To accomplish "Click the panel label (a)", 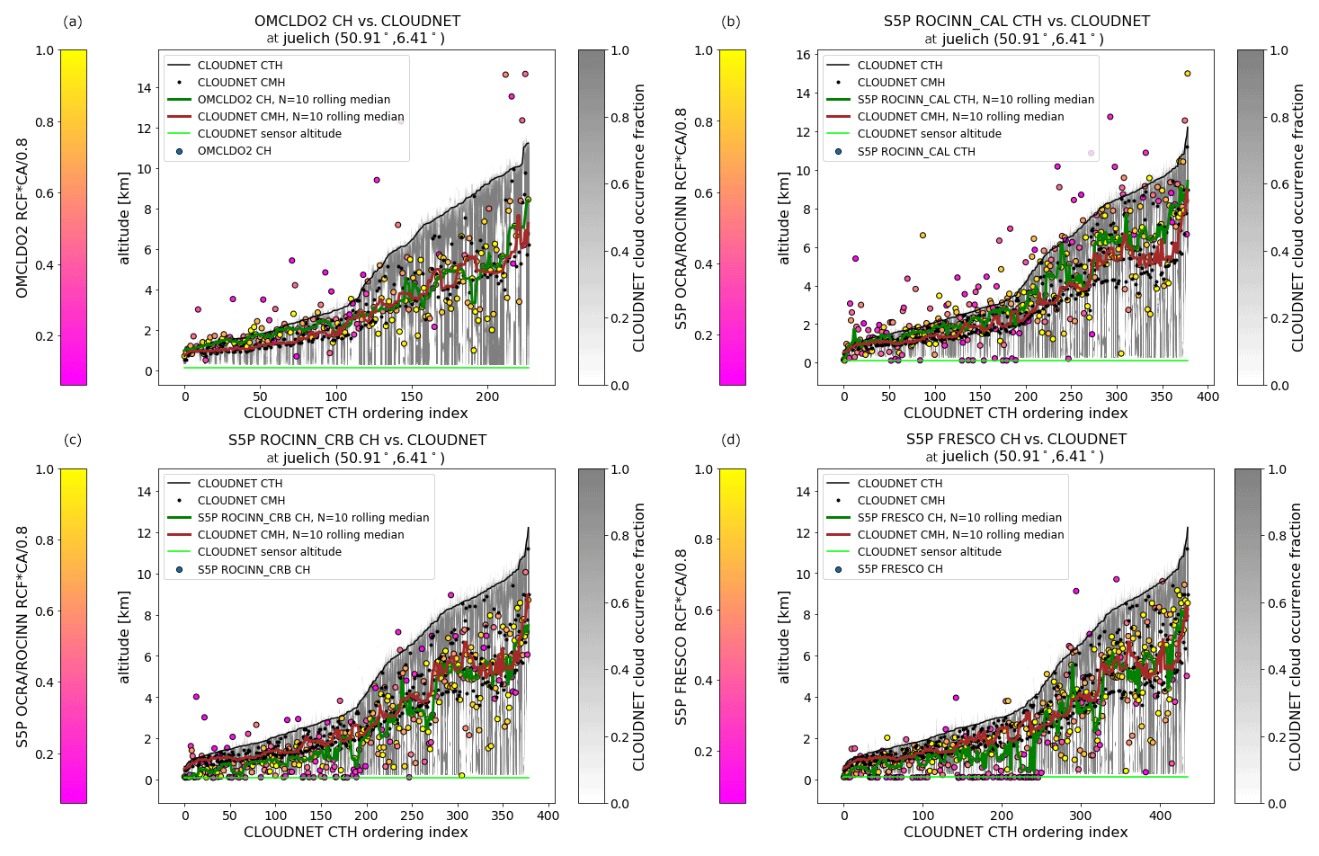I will pos(72,22).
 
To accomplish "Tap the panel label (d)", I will pos(731,440).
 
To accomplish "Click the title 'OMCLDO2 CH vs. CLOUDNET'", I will pos(357,21).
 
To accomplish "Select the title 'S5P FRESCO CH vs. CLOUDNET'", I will pos(1016,439).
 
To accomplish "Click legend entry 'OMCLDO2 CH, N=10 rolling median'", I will pos(293,100).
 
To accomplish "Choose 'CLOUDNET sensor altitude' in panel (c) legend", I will pos(269,552).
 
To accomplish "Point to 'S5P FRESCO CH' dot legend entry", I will pos(899,569).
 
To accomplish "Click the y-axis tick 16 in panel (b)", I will pos(804,55).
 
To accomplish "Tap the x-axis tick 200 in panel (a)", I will pos(487,397).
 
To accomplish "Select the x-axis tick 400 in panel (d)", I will pos(1161,816).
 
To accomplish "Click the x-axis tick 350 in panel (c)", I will pos(503,816).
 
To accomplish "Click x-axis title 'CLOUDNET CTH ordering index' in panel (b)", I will pos(1015,414).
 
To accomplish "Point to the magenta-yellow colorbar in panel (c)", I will pos(74,636).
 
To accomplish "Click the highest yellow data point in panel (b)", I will pos(1187,74).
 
